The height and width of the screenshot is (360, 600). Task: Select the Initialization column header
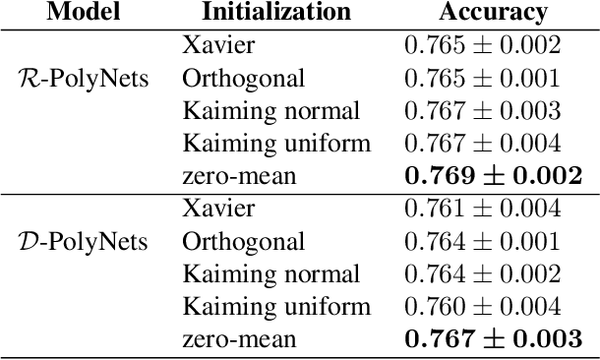275,12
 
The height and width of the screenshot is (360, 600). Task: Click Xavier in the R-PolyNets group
217,44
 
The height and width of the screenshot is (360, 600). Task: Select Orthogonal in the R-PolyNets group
243,78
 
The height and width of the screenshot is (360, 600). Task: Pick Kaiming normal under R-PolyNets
271,111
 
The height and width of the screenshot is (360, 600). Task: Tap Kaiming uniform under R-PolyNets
276,144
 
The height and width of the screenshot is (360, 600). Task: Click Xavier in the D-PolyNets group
217,209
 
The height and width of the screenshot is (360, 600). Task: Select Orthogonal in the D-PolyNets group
243,242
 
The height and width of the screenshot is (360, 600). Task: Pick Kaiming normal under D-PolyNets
271,274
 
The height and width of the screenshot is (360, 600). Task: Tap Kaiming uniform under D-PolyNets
276,307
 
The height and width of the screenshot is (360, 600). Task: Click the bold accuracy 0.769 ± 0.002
493,176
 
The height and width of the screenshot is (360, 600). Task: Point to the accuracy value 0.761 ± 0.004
483,209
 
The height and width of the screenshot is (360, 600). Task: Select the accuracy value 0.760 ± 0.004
483,307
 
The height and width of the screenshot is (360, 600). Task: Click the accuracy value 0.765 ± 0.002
483,44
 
